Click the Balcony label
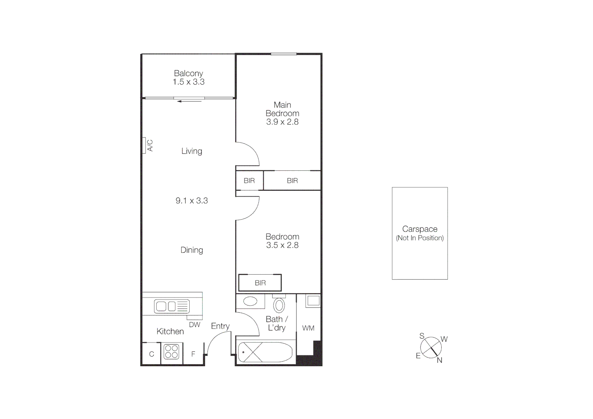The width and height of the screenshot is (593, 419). coord(188,73)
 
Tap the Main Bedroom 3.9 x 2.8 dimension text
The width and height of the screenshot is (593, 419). coord(282,122)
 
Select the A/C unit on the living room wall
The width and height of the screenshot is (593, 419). coord(144,145)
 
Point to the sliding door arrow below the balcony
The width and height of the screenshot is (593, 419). coord(190,101)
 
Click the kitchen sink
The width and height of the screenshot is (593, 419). coord(171,306)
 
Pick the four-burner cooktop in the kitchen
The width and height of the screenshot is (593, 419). coord(171,351)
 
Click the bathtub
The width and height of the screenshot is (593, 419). coord(265,352)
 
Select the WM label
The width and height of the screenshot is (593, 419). coord(308,328)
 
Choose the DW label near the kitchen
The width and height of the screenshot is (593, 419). coord(195,325)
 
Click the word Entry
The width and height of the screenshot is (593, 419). coord(220,326)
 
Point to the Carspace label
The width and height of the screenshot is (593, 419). coord(420,229)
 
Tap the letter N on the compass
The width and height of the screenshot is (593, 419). coord(439,360)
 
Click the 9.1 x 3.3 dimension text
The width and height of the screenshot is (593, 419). coord(192,201)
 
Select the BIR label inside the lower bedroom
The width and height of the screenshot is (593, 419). coord(260,283)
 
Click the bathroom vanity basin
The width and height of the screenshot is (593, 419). coord(251,301)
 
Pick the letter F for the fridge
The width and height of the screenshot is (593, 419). coord(193,354)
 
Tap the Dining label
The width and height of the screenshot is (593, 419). coord(192,250)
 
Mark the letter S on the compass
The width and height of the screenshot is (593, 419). coord(422,336)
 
